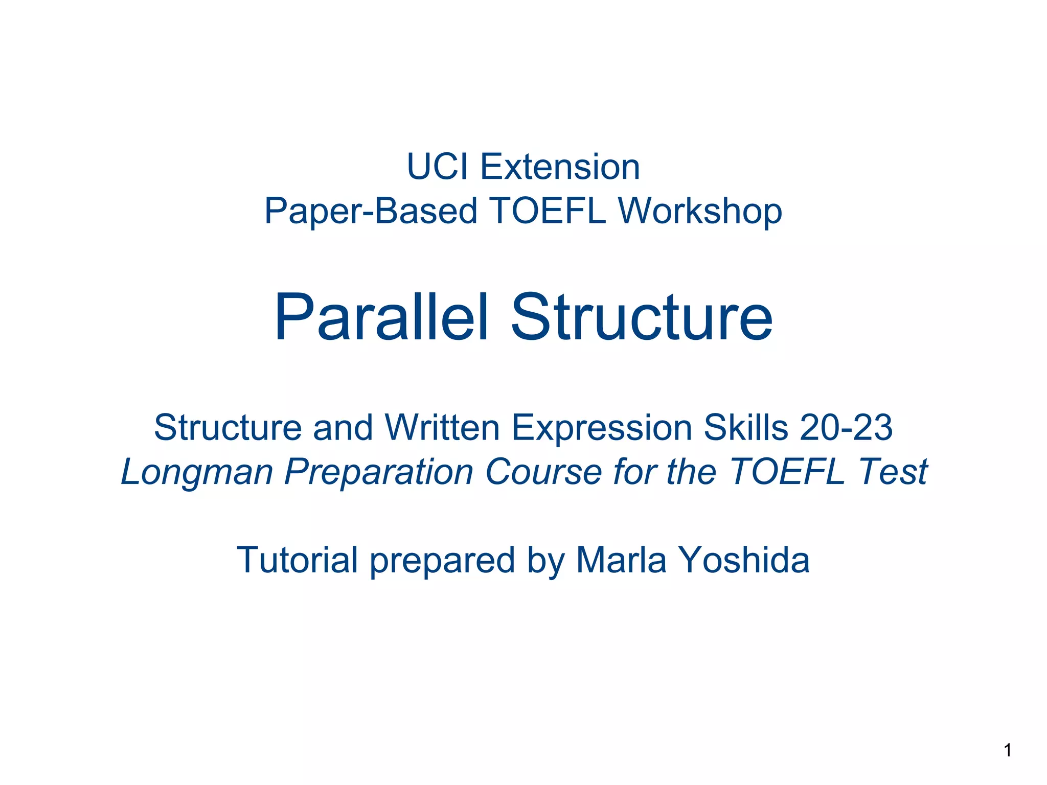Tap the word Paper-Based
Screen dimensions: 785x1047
pyautogui.click(x=371, y=211)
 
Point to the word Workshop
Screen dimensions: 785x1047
pyautogui.click(x=700, y=211)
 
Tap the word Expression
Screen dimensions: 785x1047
pyautogui.click(x=602, y=428)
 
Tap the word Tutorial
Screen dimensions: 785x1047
pyautogui.click(x=297, y=560)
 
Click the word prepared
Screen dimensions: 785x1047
pyautogui.click(x=442, y=561)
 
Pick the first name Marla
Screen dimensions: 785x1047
pyautogui.click(x=621, y=560)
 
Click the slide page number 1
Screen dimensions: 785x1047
pyautogui.click(x=1008, y=750)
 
